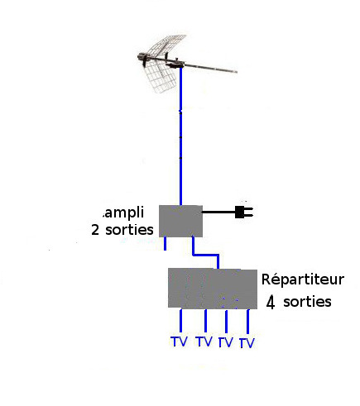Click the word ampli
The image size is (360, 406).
pos(124,213)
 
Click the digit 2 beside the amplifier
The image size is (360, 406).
pos(95,230)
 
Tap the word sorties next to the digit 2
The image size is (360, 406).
pos(129,230)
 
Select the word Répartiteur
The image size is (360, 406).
pos(303,279)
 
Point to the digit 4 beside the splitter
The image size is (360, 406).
pos(271,303)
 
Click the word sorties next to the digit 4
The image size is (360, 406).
pos(307,302)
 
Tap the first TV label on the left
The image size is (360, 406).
pos(179,342)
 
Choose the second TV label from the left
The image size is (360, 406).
pos(204,342)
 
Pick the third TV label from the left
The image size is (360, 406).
pos(226,342)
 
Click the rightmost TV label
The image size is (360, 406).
pos(247,343)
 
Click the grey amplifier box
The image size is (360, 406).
pos(180,221)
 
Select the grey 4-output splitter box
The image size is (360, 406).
pos(213,289)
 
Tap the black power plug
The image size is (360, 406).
pos(244,213)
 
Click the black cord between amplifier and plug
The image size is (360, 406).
pos(218,213)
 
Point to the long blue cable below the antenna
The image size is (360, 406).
pos(180,136)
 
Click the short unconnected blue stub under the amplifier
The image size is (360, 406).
pos(166,243)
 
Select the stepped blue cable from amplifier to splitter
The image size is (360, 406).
pos(205,255)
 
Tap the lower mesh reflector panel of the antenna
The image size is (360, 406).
pos(161,76)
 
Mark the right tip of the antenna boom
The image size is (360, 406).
pos(237,72)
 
